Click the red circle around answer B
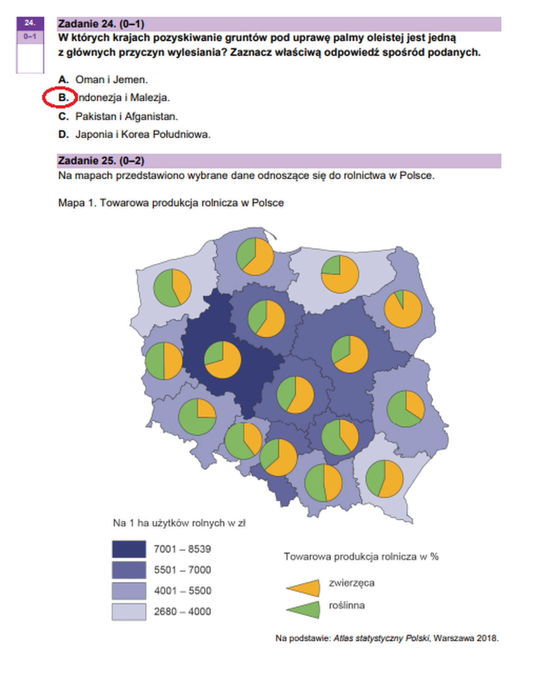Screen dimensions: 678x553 point(60,97)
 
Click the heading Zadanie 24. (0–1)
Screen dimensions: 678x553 point(101,24)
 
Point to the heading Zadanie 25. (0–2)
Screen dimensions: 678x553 point(101,161)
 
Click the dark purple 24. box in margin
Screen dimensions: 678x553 point(30,23)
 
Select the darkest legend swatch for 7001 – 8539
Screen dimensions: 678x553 point(129,549)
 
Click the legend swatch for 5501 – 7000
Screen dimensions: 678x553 point(129,570)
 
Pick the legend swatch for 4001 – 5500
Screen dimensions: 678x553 point(129,591)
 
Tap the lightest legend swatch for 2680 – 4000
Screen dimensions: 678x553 point(129,611)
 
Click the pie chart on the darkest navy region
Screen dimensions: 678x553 point(222,360)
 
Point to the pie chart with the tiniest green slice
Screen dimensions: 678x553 point(403,309)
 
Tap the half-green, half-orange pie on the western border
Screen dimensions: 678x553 point(164,361)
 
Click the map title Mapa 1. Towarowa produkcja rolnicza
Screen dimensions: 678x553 point(171,203)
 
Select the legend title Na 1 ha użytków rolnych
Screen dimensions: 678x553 point(179,523)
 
